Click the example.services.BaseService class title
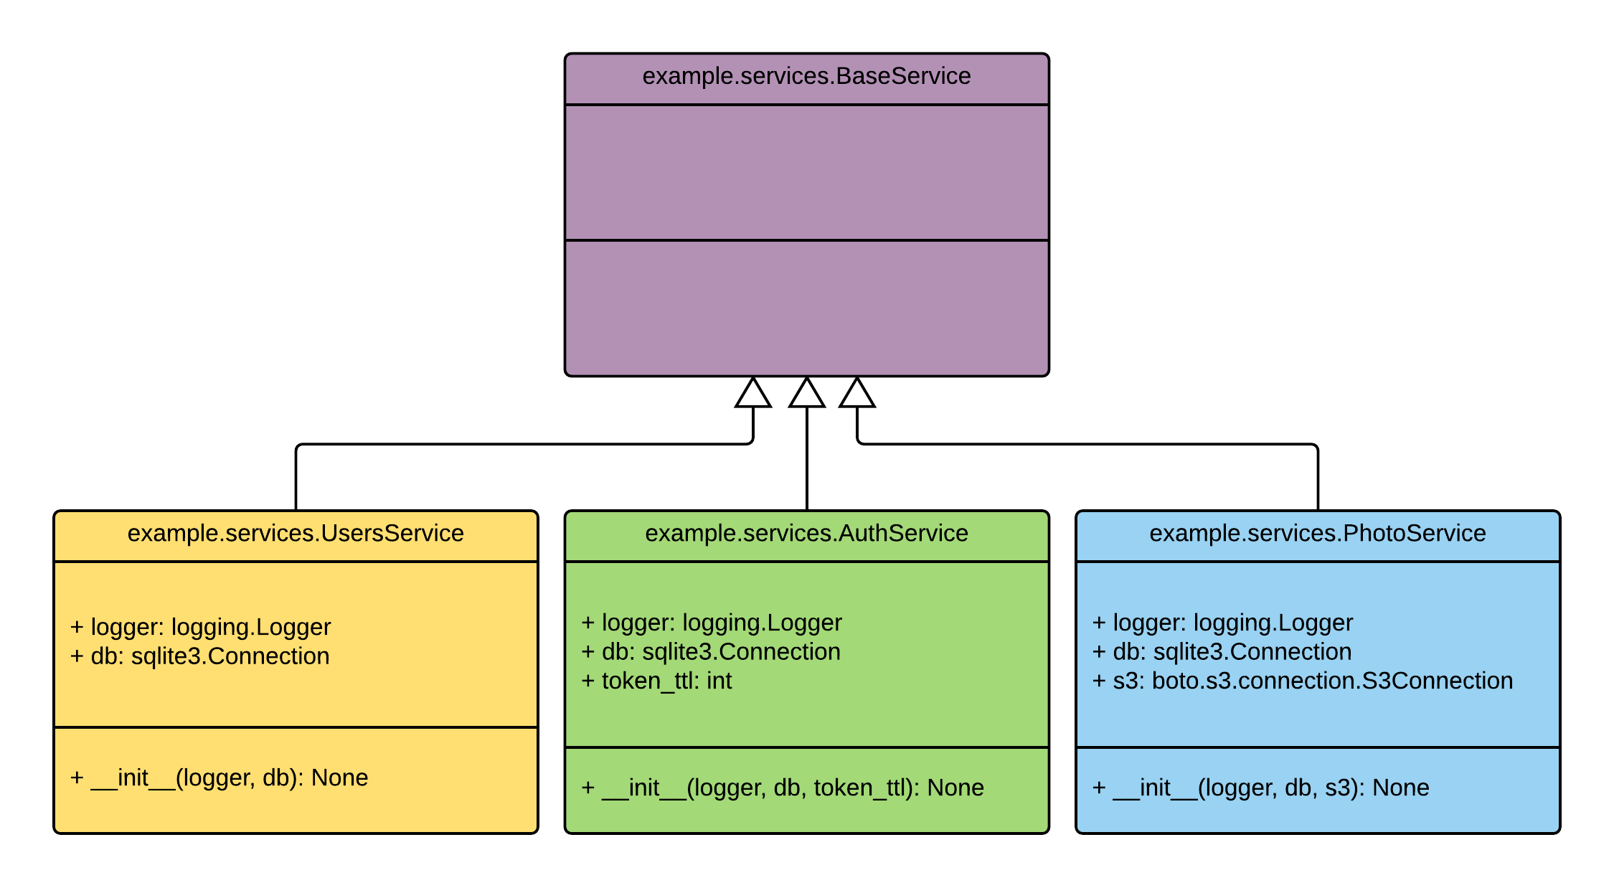[x=806, y=76]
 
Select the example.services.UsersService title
[x=296, y=534]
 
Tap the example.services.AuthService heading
[x=806, y=534]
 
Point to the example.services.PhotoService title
[x=1317, y=534]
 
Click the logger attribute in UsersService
[x=201, y=627]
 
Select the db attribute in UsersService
[x=200, y=656]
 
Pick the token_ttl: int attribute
[x=656, y=681]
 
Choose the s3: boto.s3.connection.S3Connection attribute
[x=1302, y=681]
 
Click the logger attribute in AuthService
[x=712, y=623]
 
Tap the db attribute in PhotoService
[x=1222, y=652]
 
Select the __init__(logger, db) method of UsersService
[x=220, y=778]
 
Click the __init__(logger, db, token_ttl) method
[x=783, y=788]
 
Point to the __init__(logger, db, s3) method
[x=1260, y=788]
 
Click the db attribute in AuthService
[x=711, y=652]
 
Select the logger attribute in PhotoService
[x=1222, y=623]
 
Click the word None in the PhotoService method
[x=1400, y=788]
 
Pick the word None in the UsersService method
[x=339, y=778]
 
